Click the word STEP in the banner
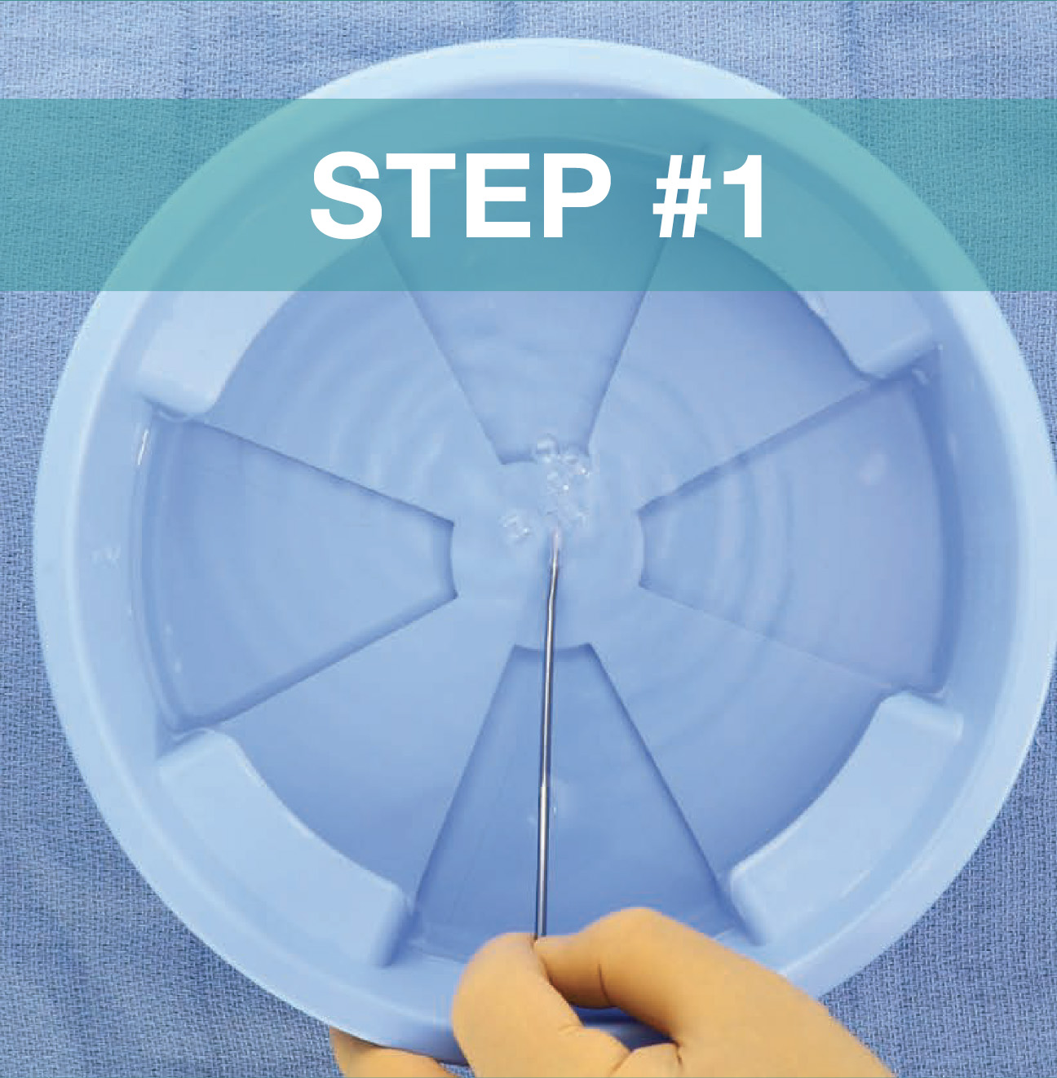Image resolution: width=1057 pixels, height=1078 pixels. click(461, 197)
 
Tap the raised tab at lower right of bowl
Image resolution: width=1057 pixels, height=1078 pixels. click(848, 791)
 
